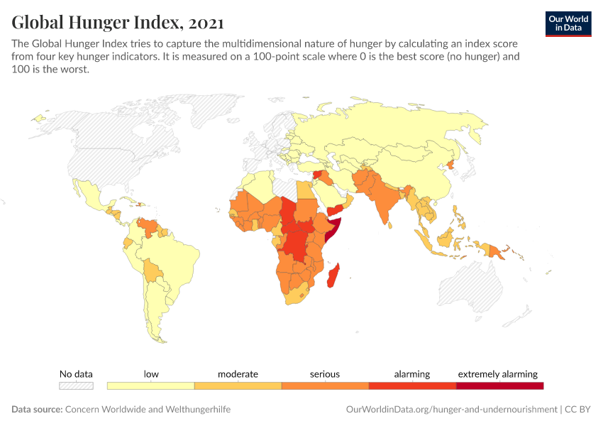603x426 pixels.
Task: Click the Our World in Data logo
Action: pos(568,23)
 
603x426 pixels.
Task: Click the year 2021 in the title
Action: pos(206,23)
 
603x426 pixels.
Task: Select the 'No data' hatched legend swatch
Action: pos(76,386)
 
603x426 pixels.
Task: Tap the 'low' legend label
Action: pos(150,374)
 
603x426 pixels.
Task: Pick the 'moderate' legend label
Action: pos(238,374)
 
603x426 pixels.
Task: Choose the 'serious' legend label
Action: pos(325,374)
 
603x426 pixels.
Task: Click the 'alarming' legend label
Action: pos(412,374)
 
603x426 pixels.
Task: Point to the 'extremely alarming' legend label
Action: pos(498,374)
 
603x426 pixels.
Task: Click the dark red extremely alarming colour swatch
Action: pos(499,386)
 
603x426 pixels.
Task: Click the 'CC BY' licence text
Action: pos(578,410)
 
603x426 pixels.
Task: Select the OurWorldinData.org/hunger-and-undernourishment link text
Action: pos(451,410)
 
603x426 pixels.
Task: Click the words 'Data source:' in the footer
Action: pos(37,410)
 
